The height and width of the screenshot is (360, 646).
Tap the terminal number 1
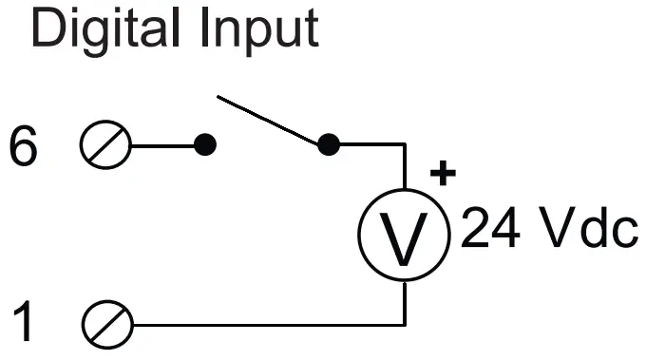26,323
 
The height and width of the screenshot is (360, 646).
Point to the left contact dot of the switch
204,145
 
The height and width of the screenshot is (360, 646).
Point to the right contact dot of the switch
328,145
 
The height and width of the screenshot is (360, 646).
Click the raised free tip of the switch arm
219,96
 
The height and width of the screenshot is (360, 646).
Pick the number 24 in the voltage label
488,229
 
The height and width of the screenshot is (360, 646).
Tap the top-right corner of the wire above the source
405,146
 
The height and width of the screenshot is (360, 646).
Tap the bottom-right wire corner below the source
405,324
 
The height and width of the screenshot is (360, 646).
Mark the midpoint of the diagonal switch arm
274,121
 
